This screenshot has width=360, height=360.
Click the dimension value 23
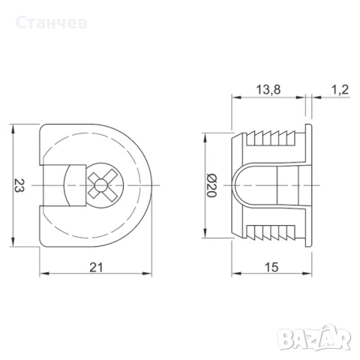pos(19,185)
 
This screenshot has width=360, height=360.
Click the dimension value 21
pos(96,268)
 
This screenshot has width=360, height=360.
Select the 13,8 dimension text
pos(268,90)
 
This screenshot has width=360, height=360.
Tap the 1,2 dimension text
pos(340,90)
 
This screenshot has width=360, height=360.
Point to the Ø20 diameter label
pos(211,185)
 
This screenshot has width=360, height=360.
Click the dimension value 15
pos(271,268)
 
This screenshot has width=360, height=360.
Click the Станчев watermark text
pos(52,22)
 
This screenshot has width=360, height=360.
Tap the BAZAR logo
pos(315,337)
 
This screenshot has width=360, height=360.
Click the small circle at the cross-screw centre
pos(100,185)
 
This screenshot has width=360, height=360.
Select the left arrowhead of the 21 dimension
pos(43,274)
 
